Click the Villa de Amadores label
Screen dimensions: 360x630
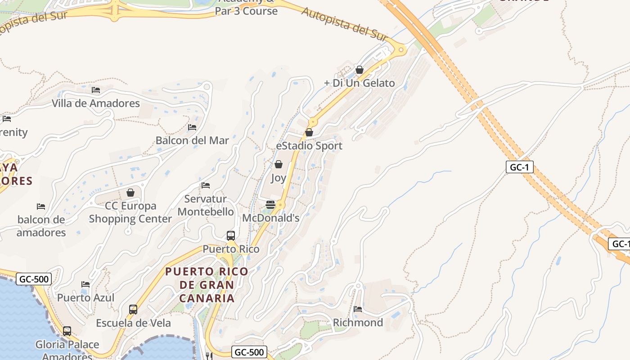96,103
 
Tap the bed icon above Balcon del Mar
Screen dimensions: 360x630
192,127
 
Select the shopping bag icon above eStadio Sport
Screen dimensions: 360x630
309,132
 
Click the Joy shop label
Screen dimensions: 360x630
278,178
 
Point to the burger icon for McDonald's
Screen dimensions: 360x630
270,205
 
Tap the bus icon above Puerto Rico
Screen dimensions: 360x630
231,235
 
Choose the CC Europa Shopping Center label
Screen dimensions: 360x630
130,212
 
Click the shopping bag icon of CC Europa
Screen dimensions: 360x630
130,193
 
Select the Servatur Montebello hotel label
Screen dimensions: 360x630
206,205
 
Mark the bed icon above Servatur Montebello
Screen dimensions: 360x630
206,185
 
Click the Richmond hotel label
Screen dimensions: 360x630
358,323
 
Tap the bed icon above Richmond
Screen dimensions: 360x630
358,309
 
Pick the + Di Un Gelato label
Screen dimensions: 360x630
360,83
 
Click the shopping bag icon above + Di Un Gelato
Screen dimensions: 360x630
360,70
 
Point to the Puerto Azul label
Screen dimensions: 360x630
85,297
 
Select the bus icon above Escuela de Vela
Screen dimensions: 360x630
133,310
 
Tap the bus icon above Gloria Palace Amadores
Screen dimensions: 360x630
67,331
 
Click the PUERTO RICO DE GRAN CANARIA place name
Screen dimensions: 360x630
207,284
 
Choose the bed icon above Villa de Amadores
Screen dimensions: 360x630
96,90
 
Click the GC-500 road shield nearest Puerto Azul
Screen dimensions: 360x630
34,279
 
